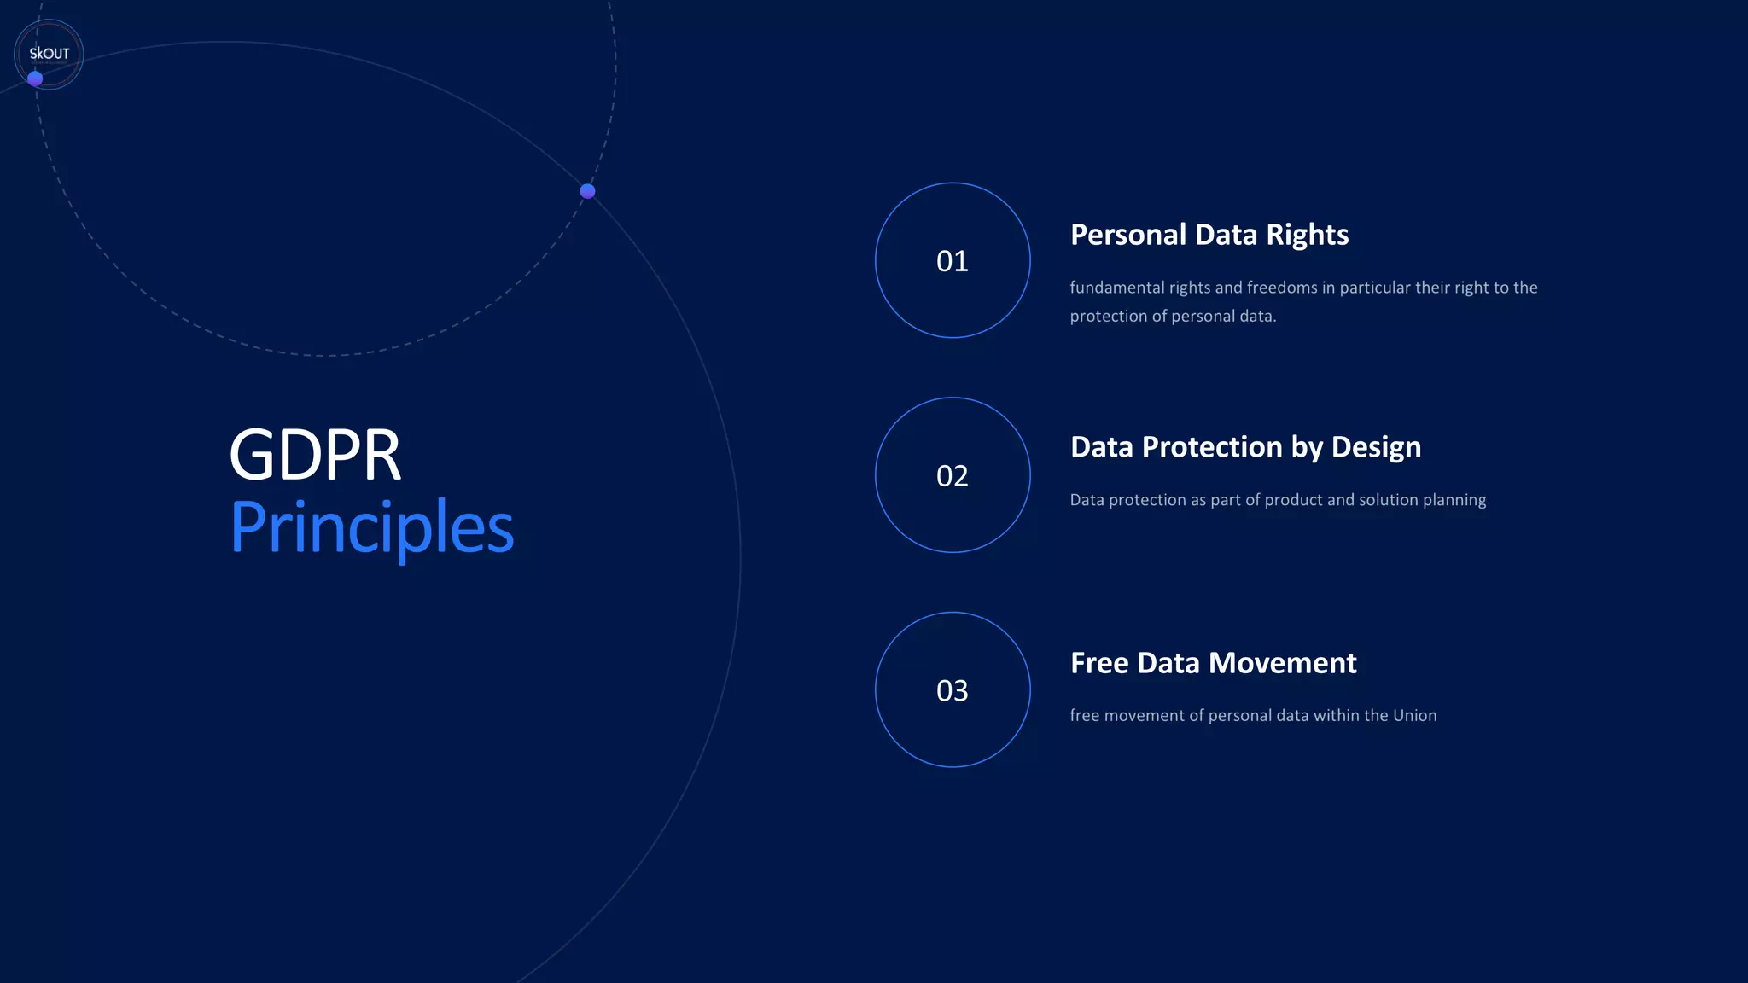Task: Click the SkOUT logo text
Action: point(50,54)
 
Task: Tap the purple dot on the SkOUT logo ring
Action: point(35,79)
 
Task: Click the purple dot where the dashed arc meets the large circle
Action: point(587,191)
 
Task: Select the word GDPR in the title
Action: point(315,455)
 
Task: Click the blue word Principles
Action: point(372,527)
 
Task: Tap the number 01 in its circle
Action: point(953,261)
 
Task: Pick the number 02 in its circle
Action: point(953,476)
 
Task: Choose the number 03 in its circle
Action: point(953,690)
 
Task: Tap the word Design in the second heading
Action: point(1376,447)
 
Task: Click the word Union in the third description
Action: point(1414,716)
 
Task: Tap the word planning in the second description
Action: point(1454,500)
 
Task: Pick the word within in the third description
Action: point(1336,716)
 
